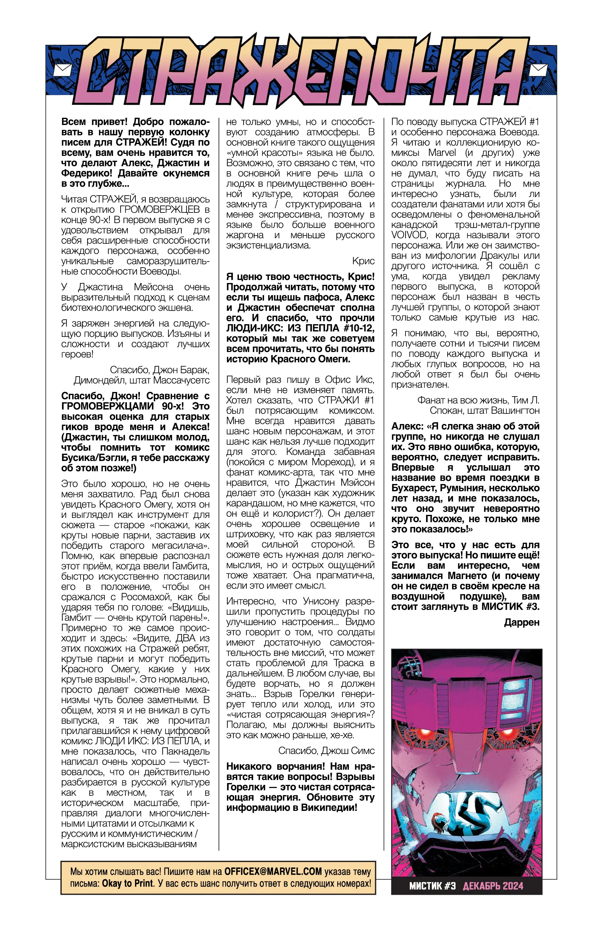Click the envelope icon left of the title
point(61,70)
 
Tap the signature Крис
point(363,261)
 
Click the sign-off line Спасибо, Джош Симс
point(326,750)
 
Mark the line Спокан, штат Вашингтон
point(485,410)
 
